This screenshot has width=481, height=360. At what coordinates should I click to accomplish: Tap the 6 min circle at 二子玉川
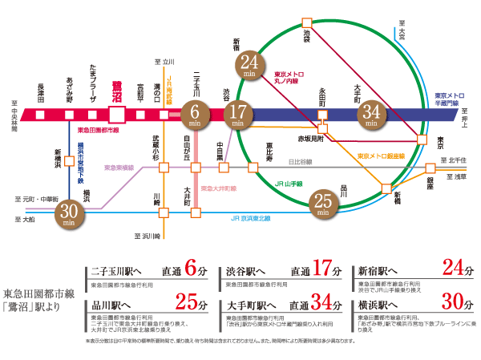tap(195, 115)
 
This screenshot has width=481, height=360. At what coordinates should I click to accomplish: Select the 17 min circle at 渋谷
tap(237, 115)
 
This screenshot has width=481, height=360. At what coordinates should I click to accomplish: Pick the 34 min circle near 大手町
tap(371, 115)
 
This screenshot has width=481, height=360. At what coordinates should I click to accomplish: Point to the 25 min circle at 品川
tap(323, 204)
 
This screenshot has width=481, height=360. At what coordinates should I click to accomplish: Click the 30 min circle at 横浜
tap(71, 213)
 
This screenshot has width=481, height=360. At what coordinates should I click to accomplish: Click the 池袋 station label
tap(305, 38)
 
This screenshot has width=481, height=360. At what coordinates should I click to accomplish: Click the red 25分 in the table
tap(185, 302)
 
